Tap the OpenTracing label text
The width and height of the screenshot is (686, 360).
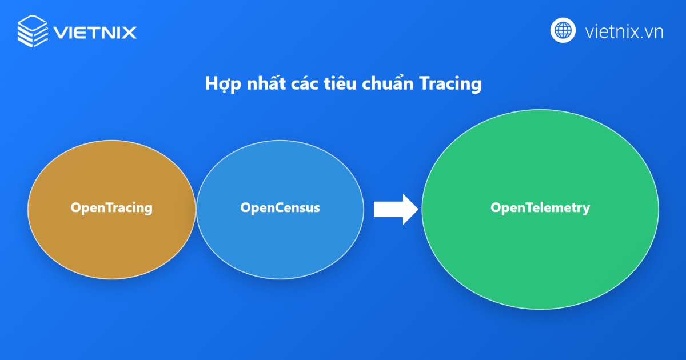click(111, 207)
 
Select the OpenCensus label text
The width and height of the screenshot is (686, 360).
click(280, 207)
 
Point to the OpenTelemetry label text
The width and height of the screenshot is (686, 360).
click(540, 207)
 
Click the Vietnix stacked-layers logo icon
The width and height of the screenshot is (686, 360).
click(33, 31)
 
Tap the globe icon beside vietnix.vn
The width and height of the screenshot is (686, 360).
click(563, 31)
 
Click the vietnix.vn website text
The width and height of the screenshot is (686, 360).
click(624, 31)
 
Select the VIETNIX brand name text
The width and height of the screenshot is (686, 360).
click(95, 31)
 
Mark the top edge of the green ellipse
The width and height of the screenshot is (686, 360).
click(540, 110)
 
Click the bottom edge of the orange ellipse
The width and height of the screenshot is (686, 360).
click(111, 279)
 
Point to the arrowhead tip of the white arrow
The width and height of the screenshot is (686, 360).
click(419, 209)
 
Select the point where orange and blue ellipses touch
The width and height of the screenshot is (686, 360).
click(196, 209)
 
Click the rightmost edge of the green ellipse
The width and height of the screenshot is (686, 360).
click(659, 209)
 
